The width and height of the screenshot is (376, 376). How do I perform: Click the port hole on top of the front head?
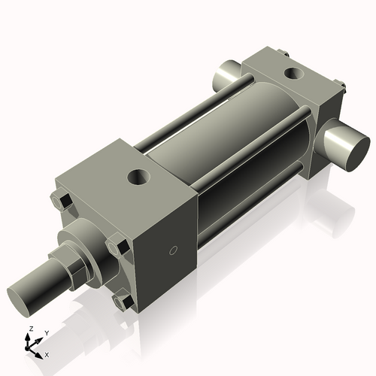[138, 177]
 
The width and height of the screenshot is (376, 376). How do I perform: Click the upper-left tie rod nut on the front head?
[62, 201]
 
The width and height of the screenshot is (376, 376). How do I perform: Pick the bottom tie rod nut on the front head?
[122, 302]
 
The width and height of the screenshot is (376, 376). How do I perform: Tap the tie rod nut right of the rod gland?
[117, 246]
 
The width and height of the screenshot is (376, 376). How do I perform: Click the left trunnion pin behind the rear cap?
[225, 74]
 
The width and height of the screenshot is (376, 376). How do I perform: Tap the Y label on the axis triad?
[46, 332]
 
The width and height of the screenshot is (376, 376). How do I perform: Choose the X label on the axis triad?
[47, 353]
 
